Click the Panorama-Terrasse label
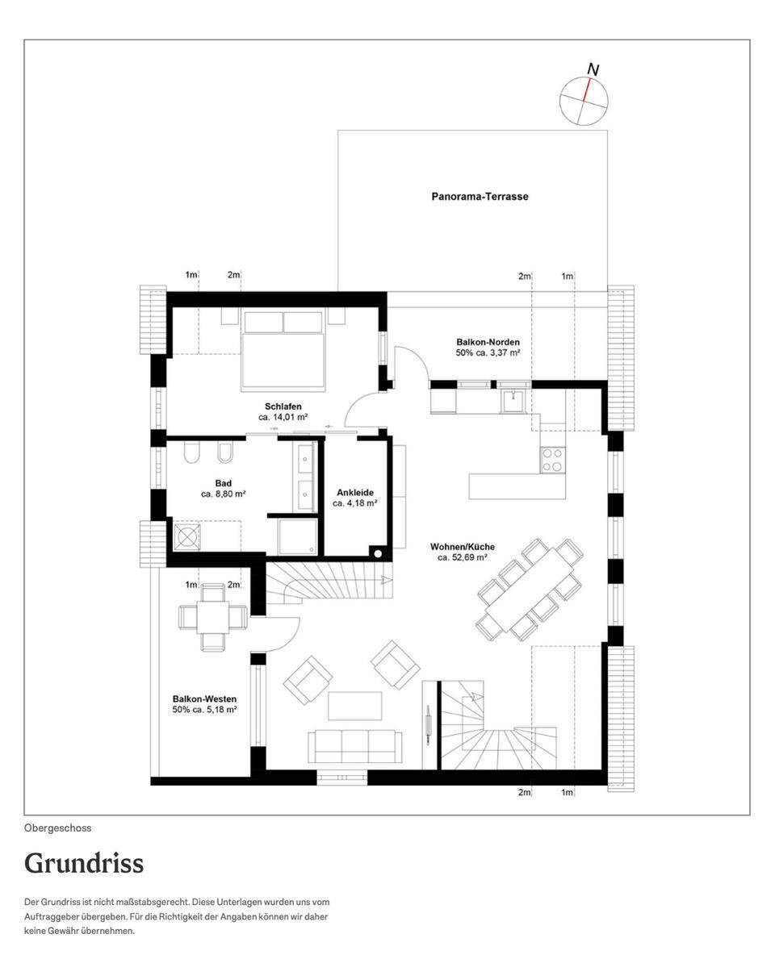coord(480,197)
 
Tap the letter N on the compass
coord(593,69)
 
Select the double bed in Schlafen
coord(283,351)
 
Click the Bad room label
coord(224,483)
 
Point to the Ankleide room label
coord(355,492)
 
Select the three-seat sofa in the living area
coord(355,746)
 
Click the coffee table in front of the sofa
coord(355,706)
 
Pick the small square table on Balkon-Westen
coord(212,616)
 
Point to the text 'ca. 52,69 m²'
coord(463,558)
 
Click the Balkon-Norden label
coord(488,342)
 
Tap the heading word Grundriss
coord(85,864)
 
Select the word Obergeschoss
coord(57,828)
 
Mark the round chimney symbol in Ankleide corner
coord(378,554)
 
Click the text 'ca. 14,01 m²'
coord(283,417)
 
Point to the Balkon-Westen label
coord(204,699)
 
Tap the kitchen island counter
coord(517,486)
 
